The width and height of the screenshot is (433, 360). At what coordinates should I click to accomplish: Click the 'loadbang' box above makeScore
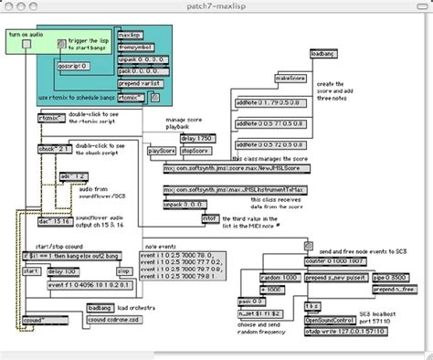coord(323,56)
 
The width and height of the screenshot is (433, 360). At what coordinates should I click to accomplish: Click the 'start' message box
coord(30,271)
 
